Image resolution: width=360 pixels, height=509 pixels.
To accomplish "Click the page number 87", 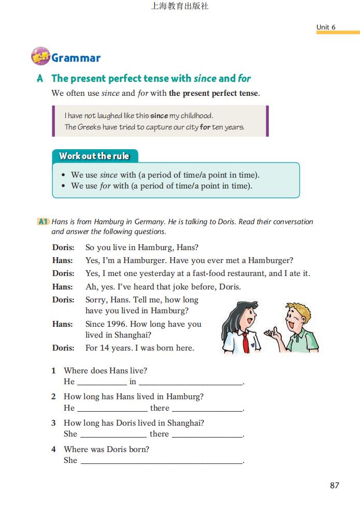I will (x=334, y=485).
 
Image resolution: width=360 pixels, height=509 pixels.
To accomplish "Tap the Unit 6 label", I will (x=326, y=27).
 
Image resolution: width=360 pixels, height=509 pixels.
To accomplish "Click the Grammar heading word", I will (x=76, y=58).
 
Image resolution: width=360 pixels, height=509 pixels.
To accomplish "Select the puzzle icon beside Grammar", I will (x=40, y=56).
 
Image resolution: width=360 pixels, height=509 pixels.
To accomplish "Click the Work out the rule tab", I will (x=94, y=156).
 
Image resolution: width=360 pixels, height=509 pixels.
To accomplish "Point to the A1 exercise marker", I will (x=43, y=222).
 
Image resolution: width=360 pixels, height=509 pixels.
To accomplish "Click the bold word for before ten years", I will (x=205, y=127).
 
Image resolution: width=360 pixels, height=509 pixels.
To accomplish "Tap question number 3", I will (x=53, y=423).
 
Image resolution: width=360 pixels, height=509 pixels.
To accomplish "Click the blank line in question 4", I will (x=162, y=461).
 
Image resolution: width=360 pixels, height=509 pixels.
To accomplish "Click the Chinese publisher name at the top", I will (x=180, y=7).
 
